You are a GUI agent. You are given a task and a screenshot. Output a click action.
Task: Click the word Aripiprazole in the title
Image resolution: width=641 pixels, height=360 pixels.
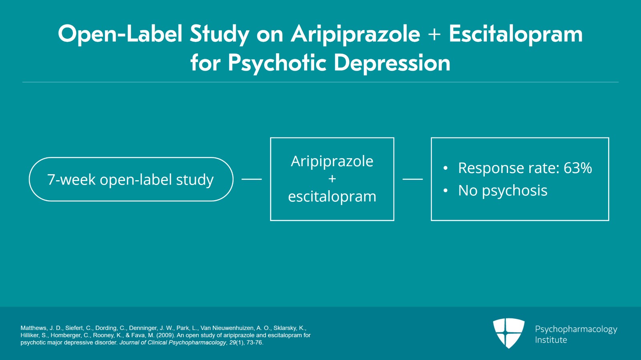pos(355,34)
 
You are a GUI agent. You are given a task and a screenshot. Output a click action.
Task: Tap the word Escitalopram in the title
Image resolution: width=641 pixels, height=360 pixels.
pos(516,34)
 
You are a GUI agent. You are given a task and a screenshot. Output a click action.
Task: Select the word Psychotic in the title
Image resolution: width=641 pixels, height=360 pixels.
pos(277,63)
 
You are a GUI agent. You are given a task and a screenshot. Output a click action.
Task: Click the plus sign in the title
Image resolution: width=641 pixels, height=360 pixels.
pos(434,34)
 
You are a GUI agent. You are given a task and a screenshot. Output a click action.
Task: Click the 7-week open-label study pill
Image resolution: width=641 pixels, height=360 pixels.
pos(131,179)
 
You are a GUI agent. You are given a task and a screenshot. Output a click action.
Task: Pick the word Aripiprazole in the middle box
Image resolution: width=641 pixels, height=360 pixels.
pos(332,161)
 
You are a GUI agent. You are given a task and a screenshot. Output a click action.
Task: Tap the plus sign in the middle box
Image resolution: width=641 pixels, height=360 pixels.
pos(332,179)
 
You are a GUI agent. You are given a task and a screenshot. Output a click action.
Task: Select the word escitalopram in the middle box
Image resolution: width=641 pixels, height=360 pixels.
pos(332,197)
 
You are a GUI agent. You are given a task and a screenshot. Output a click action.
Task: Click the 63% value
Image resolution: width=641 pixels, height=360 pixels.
pos(578,168)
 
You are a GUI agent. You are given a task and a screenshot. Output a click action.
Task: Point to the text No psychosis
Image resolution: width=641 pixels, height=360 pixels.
pos(503,191)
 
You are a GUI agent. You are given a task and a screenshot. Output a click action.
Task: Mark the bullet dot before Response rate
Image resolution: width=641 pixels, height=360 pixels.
pos(445,169)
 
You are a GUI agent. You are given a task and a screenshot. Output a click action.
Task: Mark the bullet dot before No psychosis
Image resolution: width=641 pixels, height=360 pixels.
pos(445,191)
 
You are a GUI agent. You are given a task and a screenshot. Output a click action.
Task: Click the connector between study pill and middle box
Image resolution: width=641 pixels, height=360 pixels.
pos(252,179)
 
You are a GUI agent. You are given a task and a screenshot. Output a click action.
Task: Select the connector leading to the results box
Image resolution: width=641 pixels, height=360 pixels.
pos(413,179)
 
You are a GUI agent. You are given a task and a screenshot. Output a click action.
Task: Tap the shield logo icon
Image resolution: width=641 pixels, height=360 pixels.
pos(509,332)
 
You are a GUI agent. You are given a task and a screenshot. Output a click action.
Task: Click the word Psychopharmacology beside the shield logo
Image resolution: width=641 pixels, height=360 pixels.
pos(576,329)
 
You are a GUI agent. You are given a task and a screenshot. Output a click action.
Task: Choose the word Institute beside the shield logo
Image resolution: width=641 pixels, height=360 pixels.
pos(551,340)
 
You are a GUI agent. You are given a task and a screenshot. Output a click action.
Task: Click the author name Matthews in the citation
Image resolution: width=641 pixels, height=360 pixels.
pos(33,328)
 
